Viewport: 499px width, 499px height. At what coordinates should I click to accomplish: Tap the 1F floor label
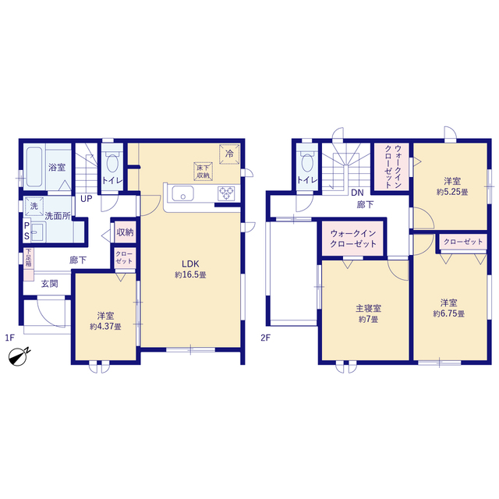pos(9,338)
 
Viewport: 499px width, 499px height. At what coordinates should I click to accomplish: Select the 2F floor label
pos(265,338)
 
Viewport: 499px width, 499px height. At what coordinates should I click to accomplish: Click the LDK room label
pos(190,264)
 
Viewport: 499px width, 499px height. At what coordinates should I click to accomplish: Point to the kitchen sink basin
pos(182,193)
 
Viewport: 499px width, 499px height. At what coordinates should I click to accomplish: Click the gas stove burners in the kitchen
pos(226,193)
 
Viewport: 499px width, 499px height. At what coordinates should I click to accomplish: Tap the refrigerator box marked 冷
pos(229,154)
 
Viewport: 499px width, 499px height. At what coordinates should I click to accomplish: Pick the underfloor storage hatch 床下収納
pos(203,172)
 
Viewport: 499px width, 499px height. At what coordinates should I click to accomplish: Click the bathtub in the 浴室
pos(34,166)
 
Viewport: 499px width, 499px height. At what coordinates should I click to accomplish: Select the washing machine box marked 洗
pos(34,207)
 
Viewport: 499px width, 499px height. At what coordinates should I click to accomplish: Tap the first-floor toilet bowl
pos(112,162)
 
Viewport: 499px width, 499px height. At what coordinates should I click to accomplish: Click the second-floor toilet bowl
pos(307,162)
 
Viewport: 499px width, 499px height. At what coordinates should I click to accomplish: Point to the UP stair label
pos(87,199)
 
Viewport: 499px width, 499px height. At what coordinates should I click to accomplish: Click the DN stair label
pos(357,193)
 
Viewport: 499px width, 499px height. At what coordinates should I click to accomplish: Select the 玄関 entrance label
pos(50,284)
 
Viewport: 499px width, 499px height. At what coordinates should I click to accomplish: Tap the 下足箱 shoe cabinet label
pos(29,258)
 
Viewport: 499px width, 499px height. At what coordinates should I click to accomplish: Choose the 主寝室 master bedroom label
pos(368,308)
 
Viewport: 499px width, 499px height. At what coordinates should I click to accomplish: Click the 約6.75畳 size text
pos(449,313)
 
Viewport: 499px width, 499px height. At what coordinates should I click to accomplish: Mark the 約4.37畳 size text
pos(105,327)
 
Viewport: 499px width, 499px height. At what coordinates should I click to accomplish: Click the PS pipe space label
pos(27,231)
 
